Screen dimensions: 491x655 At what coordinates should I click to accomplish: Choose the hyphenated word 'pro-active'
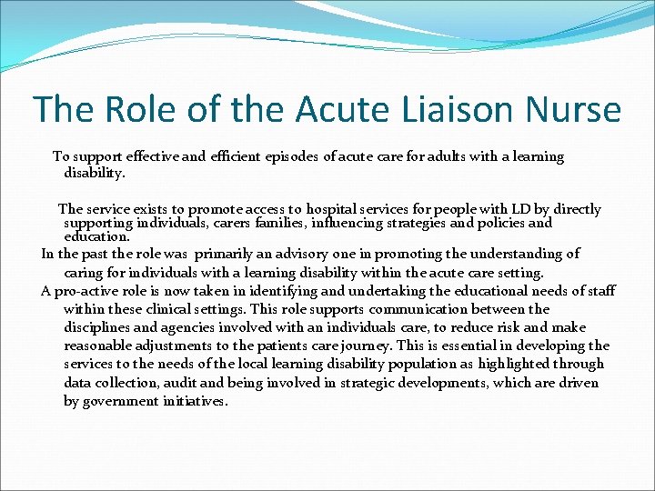(85, 291)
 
